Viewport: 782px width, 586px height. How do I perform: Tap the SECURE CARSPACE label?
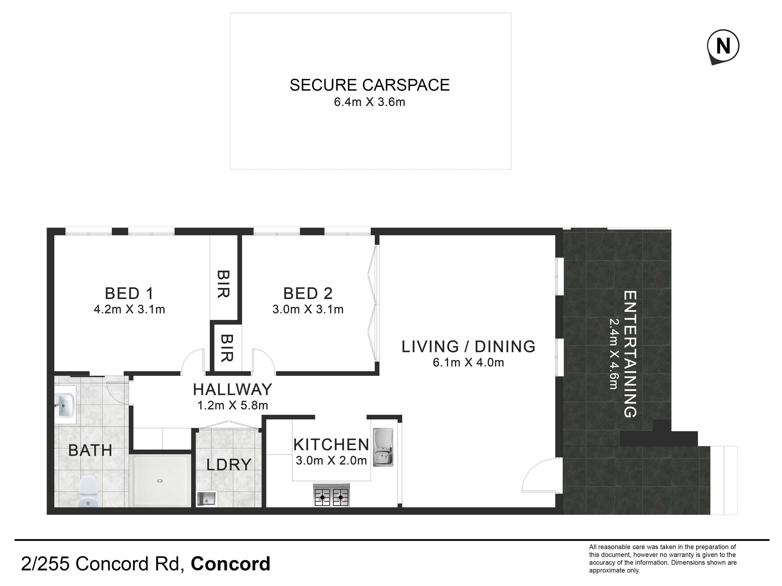click(369, 85)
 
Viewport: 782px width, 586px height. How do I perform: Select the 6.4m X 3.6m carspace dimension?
click(369, 102)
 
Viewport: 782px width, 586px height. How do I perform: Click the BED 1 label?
click(129, 294)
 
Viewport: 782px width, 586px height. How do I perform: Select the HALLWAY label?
click(232, 390)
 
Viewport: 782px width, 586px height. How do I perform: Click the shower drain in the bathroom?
click(159, 481)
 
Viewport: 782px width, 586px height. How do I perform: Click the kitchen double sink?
click(383, 447)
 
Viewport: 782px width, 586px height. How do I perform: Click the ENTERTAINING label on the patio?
click(630, 354)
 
